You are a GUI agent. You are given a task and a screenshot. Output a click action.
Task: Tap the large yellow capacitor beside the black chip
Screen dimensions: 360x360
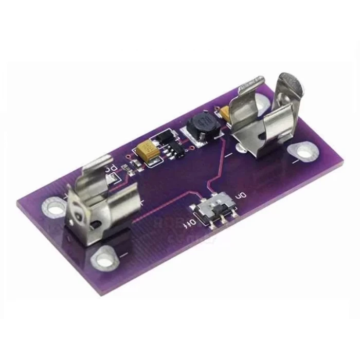click(x=148, y=152)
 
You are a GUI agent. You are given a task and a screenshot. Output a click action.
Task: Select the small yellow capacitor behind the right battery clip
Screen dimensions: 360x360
click(x=225, y=112)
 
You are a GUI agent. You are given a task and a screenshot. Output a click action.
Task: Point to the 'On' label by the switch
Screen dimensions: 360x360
click(x=239, y=196)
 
